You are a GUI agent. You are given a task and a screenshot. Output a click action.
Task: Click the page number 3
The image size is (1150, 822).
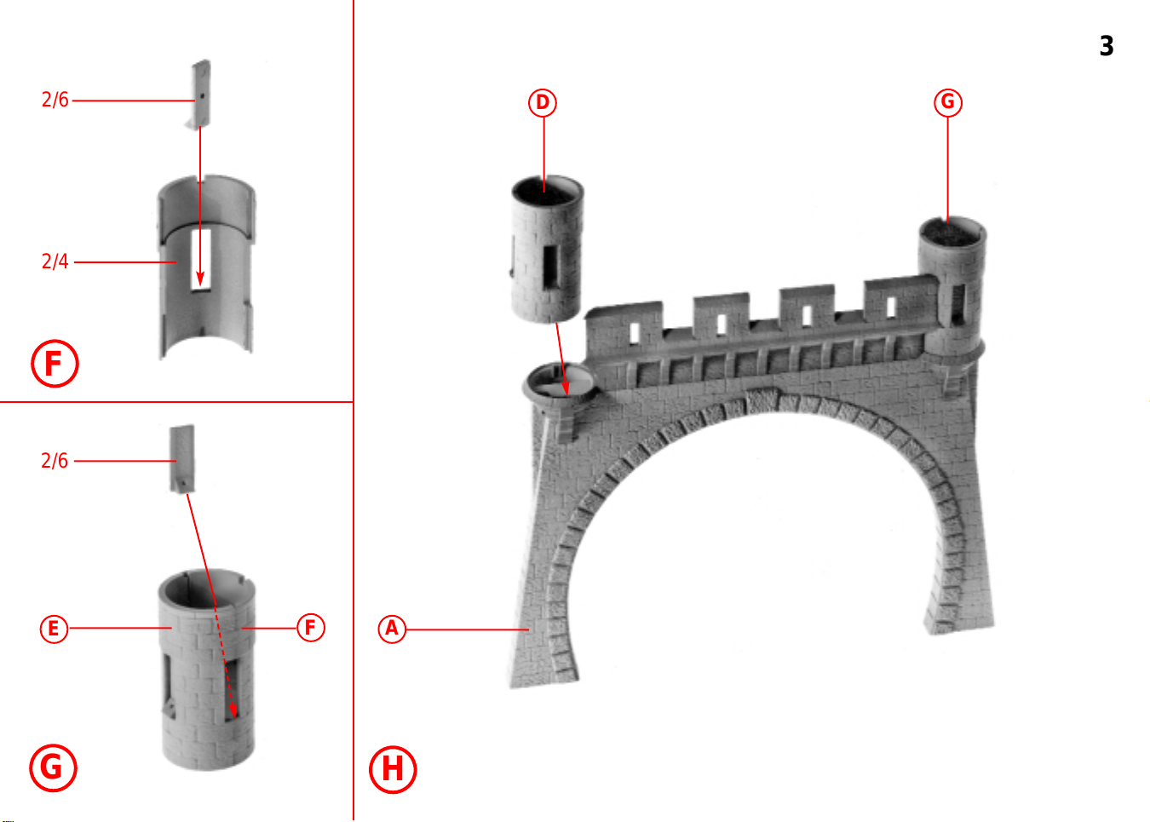point(1107,46)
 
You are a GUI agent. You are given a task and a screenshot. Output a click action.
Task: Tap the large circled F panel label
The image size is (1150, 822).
point(55,364)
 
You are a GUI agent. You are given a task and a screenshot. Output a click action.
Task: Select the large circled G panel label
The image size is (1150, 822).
point(53,768)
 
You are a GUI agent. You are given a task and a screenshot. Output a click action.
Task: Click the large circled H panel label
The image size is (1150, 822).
point(393,770)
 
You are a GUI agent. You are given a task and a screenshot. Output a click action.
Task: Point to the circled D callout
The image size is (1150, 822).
point(543,103)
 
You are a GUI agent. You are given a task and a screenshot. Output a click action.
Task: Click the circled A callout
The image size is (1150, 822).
point(392,629)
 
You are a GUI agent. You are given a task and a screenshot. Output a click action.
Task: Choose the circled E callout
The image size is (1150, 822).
point(54,629)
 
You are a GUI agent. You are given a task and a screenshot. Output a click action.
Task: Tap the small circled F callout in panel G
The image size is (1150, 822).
point(311,628)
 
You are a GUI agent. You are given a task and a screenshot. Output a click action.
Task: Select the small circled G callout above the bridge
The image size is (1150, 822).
point(948,103)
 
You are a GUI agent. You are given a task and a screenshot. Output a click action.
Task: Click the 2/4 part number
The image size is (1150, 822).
point(55,262)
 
